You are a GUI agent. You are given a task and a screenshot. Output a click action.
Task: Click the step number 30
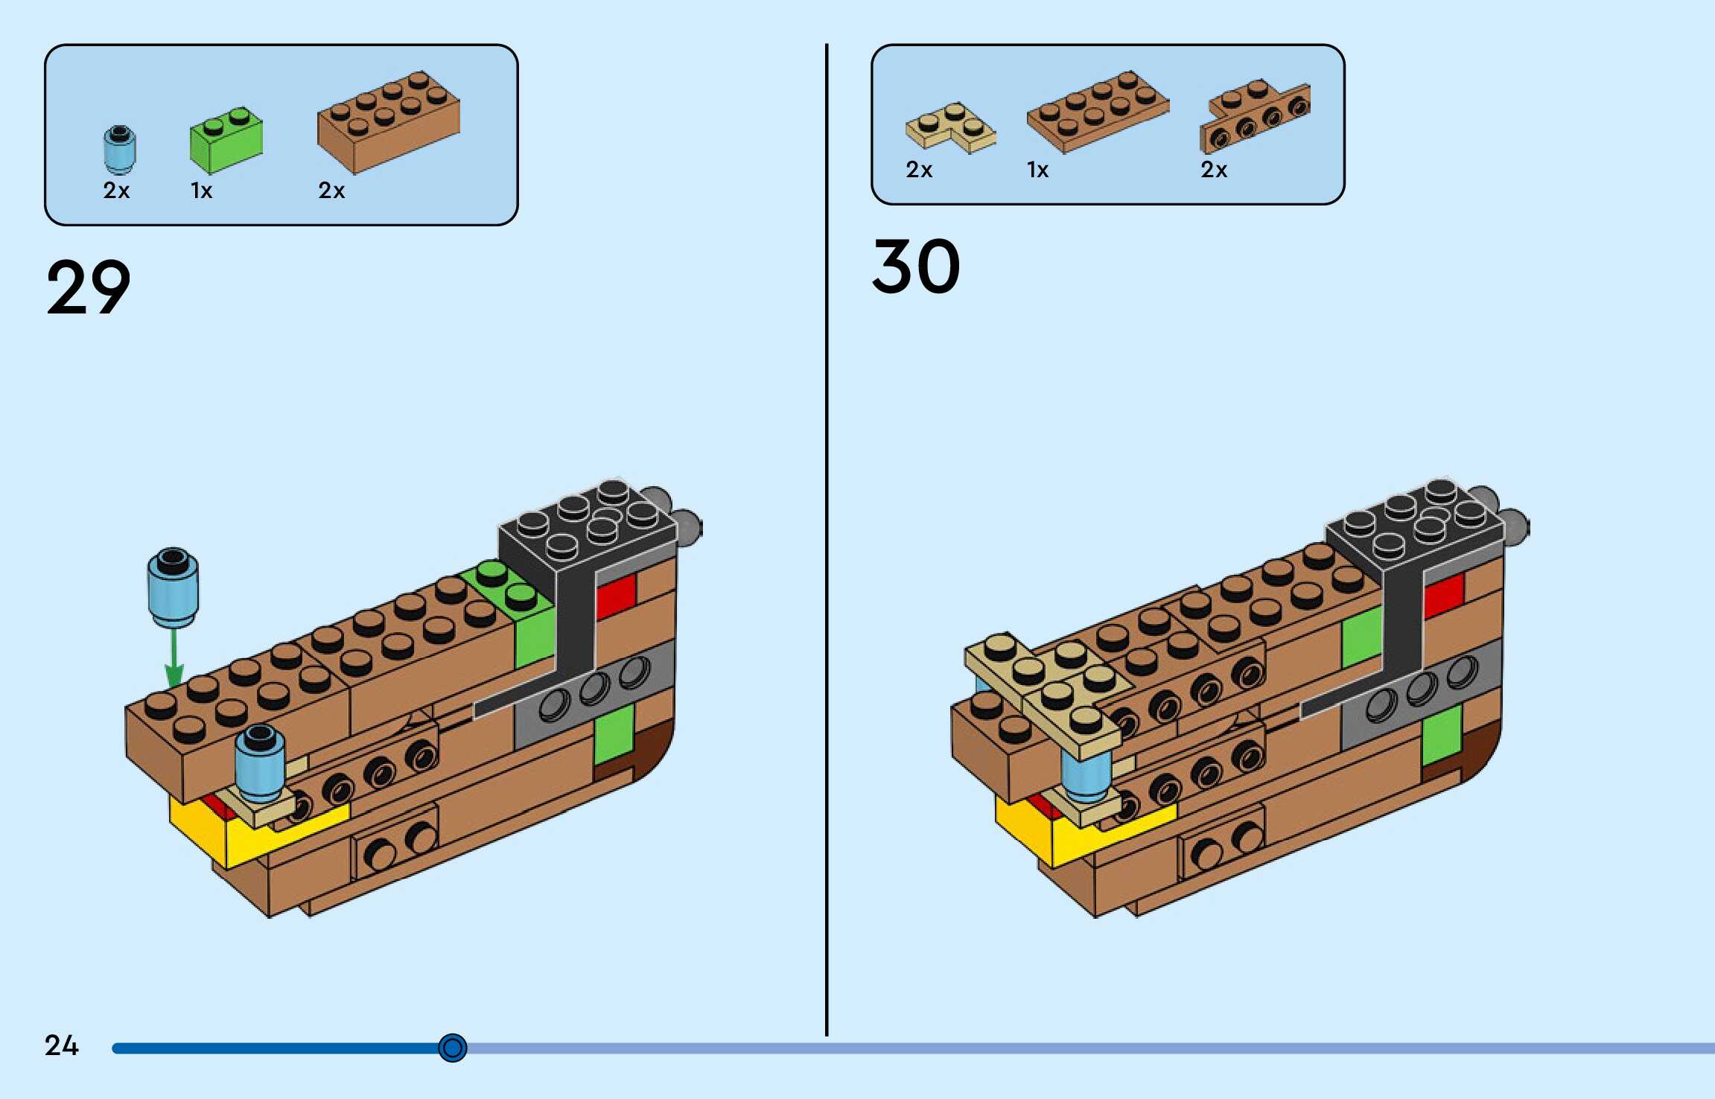point(916,267)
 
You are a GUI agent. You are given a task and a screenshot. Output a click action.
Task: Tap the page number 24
point(61,1045)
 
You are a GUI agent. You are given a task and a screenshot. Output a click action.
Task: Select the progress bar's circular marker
point(452,1048)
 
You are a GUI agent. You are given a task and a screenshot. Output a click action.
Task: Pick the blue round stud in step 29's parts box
point(119,148)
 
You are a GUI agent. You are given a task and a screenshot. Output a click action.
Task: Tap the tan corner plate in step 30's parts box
point(950,127)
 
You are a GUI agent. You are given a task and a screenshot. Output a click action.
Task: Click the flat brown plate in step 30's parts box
point(1098,112)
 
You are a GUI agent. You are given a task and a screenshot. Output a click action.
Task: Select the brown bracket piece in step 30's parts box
point(1255,116)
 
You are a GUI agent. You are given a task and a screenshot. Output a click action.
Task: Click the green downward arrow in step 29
point(174,658)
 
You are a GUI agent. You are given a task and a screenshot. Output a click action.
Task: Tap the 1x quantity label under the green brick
point(201,191)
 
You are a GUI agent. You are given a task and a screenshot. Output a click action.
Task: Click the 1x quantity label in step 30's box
point(1037,171)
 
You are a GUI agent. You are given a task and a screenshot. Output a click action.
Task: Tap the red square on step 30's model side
point(1443,596)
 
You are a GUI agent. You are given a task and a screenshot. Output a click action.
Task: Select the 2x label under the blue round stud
point(116,191)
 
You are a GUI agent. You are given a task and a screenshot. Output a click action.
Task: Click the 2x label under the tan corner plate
point(919,171)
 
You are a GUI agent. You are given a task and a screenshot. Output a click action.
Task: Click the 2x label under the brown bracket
point(1214,171)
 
